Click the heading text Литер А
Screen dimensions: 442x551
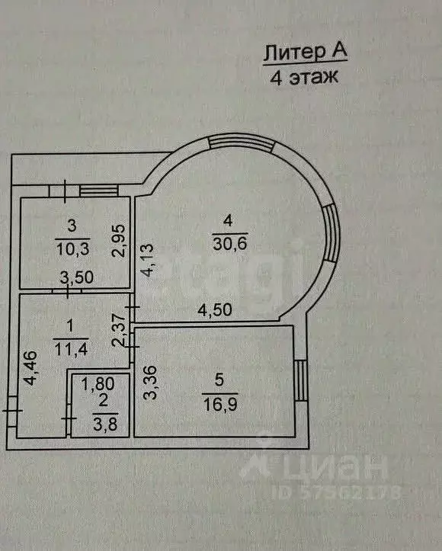[x=306, y=52]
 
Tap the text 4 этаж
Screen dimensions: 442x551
[x=304, y=77]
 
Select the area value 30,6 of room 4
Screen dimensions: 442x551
[x=230, y=243]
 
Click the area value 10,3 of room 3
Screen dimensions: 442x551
[x=72, y=248]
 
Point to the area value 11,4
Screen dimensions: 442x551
[x=70, y=349]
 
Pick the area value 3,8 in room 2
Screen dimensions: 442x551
[x=105, y=424]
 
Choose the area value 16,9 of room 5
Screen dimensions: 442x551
[x=220, y=404]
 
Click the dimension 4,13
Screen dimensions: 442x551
[x=148, y=260]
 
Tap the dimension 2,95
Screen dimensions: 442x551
[x=119, y=241]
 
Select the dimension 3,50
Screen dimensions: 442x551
[x=77, y=277]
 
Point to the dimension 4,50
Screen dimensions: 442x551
[x=215, y=310]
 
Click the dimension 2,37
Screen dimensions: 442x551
[x=120, y=330]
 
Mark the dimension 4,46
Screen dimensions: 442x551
[x=30, y=368]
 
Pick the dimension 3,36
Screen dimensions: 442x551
[x=150, y=383]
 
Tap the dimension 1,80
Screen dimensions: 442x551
[x=98, y=384]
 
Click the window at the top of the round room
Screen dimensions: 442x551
[x=241, y=142]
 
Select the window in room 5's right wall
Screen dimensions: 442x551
[x=301, y=380]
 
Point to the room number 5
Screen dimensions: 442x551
[x=219, y=380]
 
